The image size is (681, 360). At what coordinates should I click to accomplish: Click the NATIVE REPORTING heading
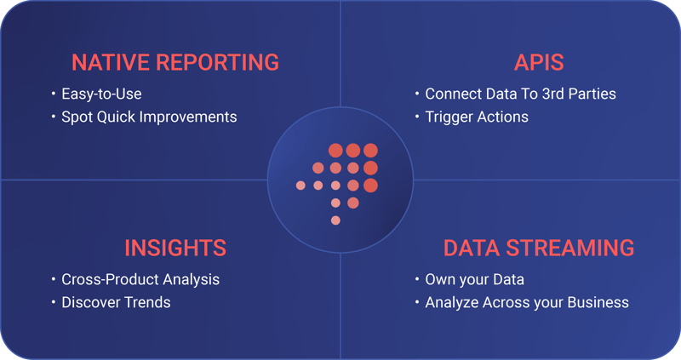175,62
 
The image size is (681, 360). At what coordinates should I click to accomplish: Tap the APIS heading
539,62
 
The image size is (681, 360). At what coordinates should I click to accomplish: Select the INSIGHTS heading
175,248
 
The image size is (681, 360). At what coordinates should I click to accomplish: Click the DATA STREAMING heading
539,248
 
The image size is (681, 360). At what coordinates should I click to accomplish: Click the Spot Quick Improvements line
149,116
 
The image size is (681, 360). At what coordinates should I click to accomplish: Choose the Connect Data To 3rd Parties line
520,93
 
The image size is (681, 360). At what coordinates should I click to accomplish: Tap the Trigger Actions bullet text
477,116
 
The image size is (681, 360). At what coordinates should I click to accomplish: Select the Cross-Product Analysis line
140,279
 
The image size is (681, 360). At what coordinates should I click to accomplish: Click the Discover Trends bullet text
116,302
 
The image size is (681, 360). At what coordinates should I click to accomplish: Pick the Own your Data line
474,279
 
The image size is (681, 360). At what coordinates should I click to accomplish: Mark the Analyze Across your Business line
527,302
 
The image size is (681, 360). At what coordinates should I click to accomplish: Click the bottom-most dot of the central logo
335,220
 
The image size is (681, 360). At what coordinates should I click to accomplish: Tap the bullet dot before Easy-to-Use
54,94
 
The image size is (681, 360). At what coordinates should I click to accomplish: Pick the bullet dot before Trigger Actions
417,117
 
